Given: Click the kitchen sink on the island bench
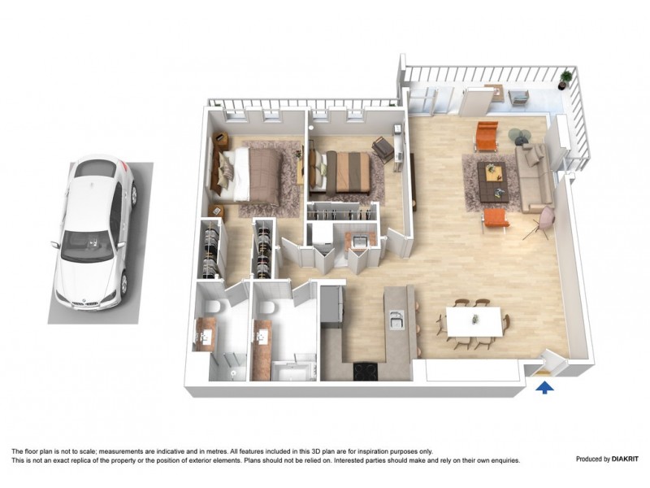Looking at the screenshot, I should pyautogui.click(x=397, y=320).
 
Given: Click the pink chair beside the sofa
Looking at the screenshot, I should pyautogui.click(x=543, y=218).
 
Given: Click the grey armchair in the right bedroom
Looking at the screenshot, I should pyautogui.click(x=381, y=147).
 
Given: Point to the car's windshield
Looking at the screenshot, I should pyautogui.click(x=87, y=244).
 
